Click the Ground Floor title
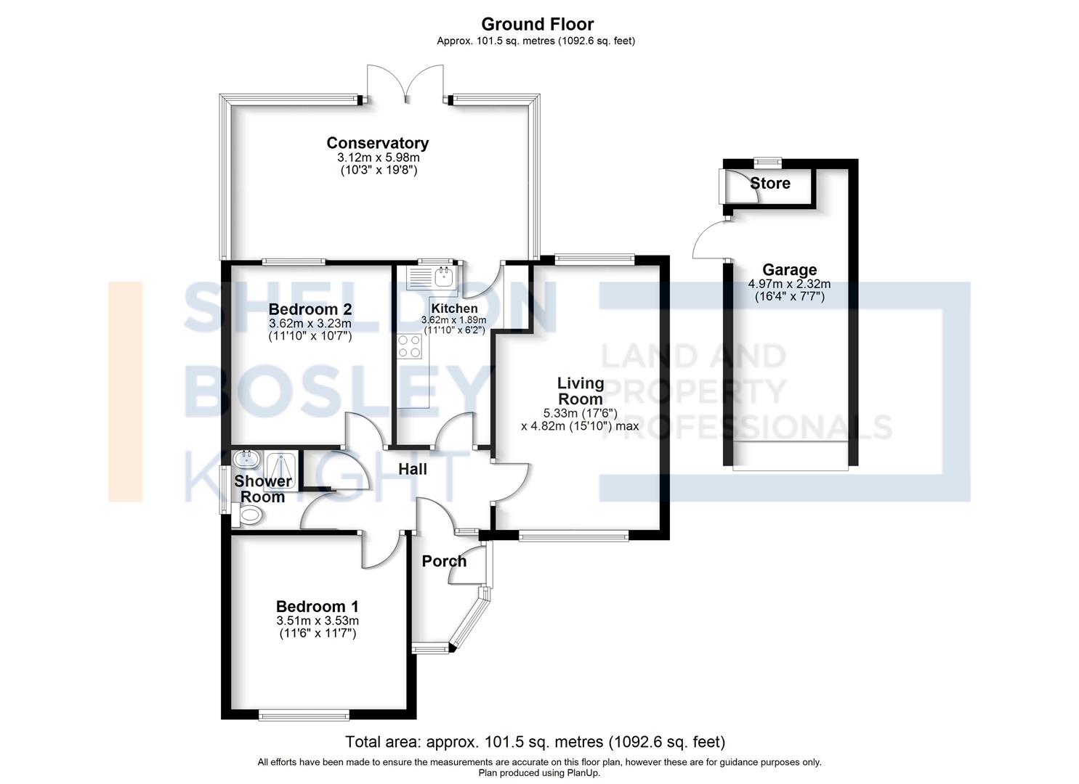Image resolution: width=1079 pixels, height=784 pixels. (537, 24)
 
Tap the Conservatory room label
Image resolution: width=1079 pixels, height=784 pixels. (378, 143)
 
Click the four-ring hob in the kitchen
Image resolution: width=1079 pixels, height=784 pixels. (409, 346)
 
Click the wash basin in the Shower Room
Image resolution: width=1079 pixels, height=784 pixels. (246, 459)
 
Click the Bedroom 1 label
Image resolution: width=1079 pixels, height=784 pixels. (318, 606)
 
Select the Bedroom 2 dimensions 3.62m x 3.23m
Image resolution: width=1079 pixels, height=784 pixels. (310, 324)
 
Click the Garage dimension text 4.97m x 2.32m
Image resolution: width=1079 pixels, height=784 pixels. (790, 284)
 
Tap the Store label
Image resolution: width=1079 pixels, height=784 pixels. (770, 184)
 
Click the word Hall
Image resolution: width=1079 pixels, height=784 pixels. (413, 469)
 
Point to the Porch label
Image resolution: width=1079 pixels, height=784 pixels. (444, 561)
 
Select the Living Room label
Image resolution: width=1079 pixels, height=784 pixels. (581, 391)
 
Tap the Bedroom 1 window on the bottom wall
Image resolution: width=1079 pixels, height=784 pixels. (304, 730)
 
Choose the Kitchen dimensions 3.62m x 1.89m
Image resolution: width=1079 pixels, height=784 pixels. (454, 319)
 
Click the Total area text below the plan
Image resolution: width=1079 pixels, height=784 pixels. (536, 742)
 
